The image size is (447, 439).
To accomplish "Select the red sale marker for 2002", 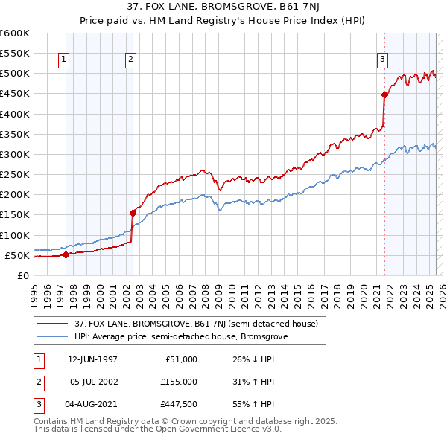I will pyautogui.click(x=133, y=213).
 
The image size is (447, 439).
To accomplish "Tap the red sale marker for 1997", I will pyautogui.click(x=66, y=254).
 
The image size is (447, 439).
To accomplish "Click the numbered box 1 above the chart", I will pyautogui.click(x=63, y=60).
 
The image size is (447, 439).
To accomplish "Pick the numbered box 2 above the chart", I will pyautogui.click(x=130, y=60).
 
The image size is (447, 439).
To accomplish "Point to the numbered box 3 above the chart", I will pyautogui.click(x=382, y=60).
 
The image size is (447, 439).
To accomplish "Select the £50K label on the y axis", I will pyautogui.click(x=17, y=255).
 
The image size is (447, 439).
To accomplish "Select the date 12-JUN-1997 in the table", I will pyautogui.click(x=92, y=359).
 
